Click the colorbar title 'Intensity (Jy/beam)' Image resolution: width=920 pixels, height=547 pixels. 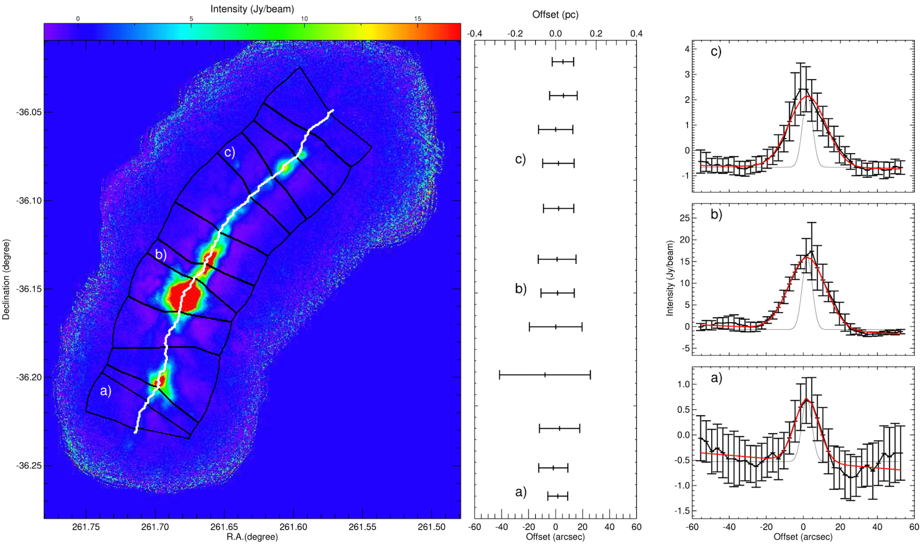[x=252, y=9]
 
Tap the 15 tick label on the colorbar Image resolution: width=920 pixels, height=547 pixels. [x=417, y=19]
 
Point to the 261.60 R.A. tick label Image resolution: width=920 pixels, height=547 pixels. [x=293, y=527]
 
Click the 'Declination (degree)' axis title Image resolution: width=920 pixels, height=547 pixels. [x=6, y=279]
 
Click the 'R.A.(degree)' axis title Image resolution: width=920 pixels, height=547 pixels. [x=252, y=537]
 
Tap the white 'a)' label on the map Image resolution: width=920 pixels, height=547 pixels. [x=106, y=391]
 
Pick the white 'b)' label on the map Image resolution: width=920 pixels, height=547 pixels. [x=161, y=254]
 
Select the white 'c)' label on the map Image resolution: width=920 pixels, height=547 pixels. [x=230, y=152]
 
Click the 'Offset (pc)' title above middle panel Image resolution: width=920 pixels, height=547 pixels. [x=555, y=15]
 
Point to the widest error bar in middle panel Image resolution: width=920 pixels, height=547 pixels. [x=545, y=375]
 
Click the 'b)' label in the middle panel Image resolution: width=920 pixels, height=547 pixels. [x=521, y=289]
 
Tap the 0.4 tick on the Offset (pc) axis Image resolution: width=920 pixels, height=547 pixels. [x=636, y=34]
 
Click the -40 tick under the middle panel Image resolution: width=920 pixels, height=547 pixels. [x=501, y=527]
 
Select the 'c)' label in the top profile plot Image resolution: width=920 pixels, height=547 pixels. [x=716, y=51]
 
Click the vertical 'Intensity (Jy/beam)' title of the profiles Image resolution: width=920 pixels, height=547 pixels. [x=670, y=278]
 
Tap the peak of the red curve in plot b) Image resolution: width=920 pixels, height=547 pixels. [x=806, y=257]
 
